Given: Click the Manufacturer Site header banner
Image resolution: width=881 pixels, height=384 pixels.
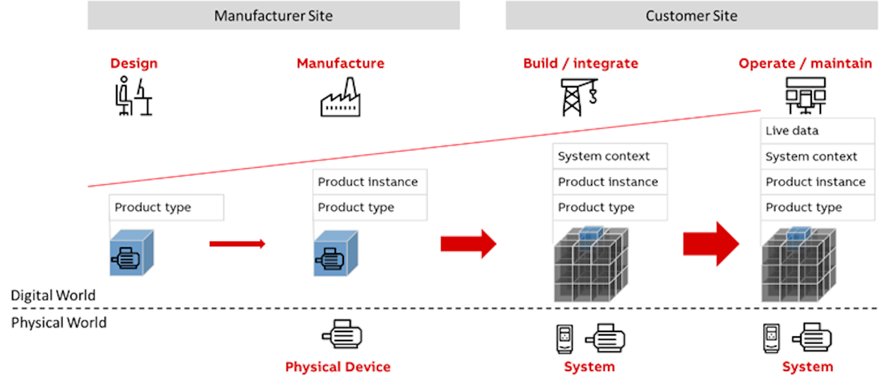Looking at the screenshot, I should pyautogui.click(x=273, y=15).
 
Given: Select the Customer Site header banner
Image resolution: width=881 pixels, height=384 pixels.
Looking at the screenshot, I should pyautogui.click(x=691, y=15).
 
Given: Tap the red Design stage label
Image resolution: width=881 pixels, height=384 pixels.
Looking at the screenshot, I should pyautogui.click(x=133, y=63).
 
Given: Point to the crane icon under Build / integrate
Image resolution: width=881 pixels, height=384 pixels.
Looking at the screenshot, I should pyautogui.click(x=579, y=97).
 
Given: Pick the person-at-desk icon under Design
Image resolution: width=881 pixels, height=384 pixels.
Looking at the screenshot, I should pyautogui.click(x=134, y=96).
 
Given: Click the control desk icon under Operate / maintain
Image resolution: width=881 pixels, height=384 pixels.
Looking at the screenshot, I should pyautogui.click(x=805, y=95).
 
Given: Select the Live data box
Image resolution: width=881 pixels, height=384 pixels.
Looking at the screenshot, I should pyautogui.click(x=817, y=131).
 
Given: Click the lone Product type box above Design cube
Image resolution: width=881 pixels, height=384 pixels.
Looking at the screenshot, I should pyautogui.click(x=166, y=208).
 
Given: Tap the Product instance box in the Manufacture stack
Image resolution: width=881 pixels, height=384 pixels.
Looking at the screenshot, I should pyautogui.click(x=370, y=182).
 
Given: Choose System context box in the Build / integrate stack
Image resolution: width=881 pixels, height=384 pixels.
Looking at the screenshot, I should pyautogui.click(x=609, y=157).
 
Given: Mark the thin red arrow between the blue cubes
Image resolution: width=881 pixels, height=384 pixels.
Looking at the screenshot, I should pyautogui.click(x=237, y=244).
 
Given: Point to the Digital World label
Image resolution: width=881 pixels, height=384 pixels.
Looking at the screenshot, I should pyautogui.click(x=53, y=295).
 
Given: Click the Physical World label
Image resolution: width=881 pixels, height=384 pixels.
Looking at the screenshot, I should pyautogui.click(x=59, y=322).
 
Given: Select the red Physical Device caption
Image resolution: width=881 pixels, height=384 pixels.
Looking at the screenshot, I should pyautogui.click(x=338, y=367).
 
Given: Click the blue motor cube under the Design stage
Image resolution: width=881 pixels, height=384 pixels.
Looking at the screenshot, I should pyautogui.click(x=132, y=253).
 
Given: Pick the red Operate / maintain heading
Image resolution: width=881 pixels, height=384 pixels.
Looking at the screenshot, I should pyautogui.click(x=805, y=63).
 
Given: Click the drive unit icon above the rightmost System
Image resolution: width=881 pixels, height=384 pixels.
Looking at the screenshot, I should pyautogui.click(x=772, y=339).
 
